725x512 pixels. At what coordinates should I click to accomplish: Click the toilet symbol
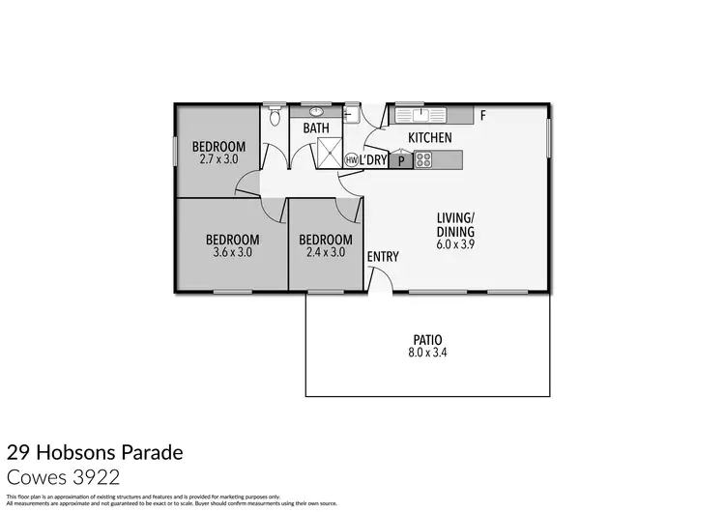click(x=275, y=117)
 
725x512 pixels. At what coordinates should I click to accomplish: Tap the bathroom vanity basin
click(x=317, y=111)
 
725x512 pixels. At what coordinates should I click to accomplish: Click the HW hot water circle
click(x=351, y=159)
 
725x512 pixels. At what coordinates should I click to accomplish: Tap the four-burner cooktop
click(x=423, y=160)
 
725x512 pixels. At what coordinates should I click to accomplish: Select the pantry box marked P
click(x=400, y=160)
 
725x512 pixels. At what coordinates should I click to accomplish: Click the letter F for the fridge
click(x=482, y=117)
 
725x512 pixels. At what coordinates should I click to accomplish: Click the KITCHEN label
click(x=430, y=138)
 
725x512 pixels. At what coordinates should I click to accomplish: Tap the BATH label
click(x=316, y=128)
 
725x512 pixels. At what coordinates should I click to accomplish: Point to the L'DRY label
click(x=373, y=160)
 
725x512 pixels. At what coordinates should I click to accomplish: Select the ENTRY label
click(x=383, y=256)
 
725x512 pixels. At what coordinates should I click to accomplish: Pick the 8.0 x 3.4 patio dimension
click(x=427, y=354)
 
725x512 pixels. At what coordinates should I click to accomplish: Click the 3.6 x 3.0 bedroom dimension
click(x=232, y=252)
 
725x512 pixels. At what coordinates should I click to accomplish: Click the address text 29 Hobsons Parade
click(x=94, y=452)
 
